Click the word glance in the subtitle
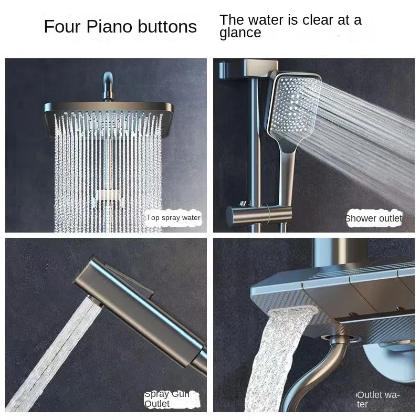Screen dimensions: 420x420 [x=240, y=33]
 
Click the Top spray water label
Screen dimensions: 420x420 [x=173, y=217]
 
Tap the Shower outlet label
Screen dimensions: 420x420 [x=373, y=218]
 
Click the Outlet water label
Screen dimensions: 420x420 [x=378, y=399]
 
